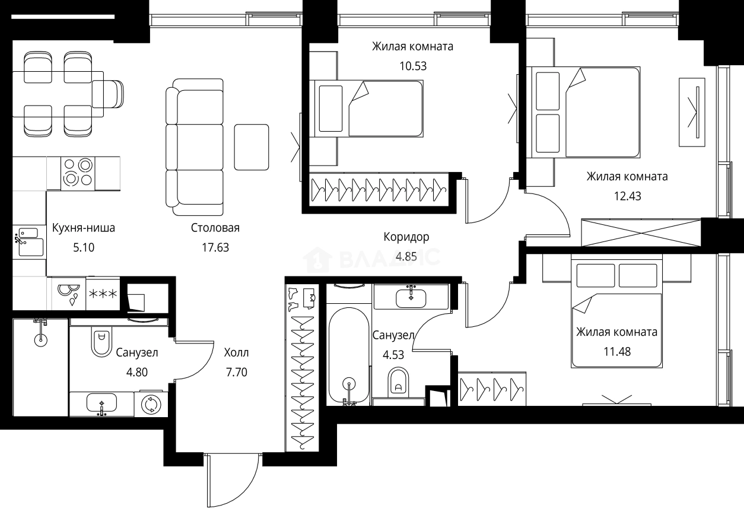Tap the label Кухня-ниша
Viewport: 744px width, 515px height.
[x=83, y=228]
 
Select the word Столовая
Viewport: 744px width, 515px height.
[x=215, y=228]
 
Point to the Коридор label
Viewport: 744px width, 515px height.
[x=406, y=237]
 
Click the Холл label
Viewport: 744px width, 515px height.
[x=236, y=353]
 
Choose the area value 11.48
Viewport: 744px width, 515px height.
[x=616, y=351]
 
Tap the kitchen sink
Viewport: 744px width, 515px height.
[x=28, y=240]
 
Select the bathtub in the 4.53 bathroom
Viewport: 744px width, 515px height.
[x=348, y=355]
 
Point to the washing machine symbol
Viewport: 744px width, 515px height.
[x=151, y=404]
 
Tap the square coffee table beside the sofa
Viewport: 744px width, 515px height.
[x=251, y=147]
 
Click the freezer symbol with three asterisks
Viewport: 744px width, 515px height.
[x=103, y=294]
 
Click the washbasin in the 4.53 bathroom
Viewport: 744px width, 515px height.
[x=411, y=297]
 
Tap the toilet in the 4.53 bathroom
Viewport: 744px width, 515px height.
[x=399, y=382]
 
